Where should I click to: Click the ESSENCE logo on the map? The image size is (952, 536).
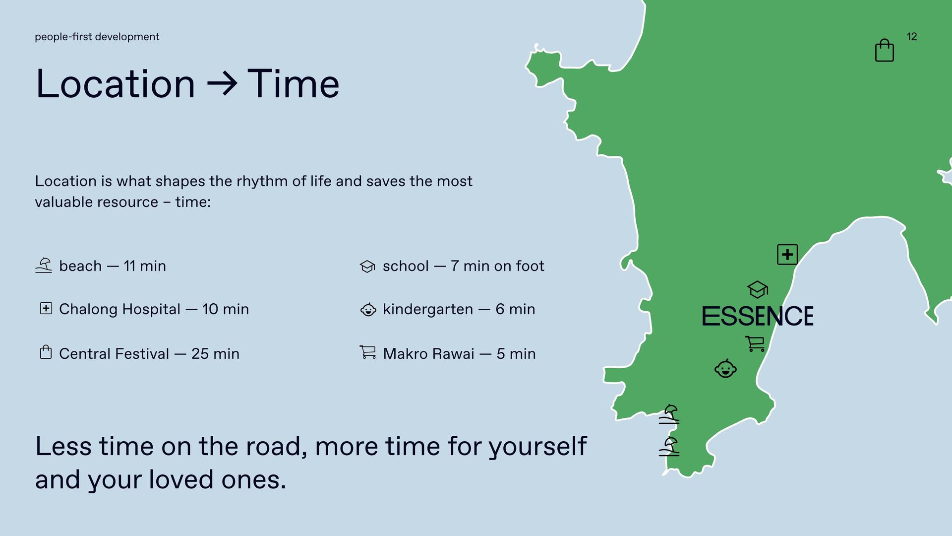pos(758,316)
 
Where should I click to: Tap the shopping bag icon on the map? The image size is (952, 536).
pos(885,50)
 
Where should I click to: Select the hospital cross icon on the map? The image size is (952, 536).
pos(787,255)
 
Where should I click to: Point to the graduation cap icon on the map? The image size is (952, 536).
pos(757,289)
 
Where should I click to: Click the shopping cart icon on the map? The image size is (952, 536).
pos(755,343)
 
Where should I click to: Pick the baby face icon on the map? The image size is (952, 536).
pos(725,368)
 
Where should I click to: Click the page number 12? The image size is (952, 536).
pos(912,37)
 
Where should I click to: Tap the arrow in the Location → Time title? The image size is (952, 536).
pos(222,83)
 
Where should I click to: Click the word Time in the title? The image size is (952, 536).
pos(293,83)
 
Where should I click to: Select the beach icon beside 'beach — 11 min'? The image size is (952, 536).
pos(44,266)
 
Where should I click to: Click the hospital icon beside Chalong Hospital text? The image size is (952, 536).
pos(46,309)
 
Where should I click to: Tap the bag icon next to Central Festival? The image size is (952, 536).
pos(46,352)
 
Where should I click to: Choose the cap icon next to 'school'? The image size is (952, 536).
pos(367,267)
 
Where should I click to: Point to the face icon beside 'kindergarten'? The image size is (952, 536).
pos(368,309)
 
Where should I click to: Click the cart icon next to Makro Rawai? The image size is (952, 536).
pos(367,352)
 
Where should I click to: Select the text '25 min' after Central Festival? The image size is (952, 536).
pos(215,354)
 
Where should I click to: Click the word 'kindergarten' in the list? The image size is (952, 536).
pos(428,310)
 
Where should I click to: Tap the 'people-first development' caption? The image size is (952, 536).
pos(97,37)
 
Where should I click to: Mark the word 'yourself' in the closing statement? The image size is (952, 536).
pos(538,447)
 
